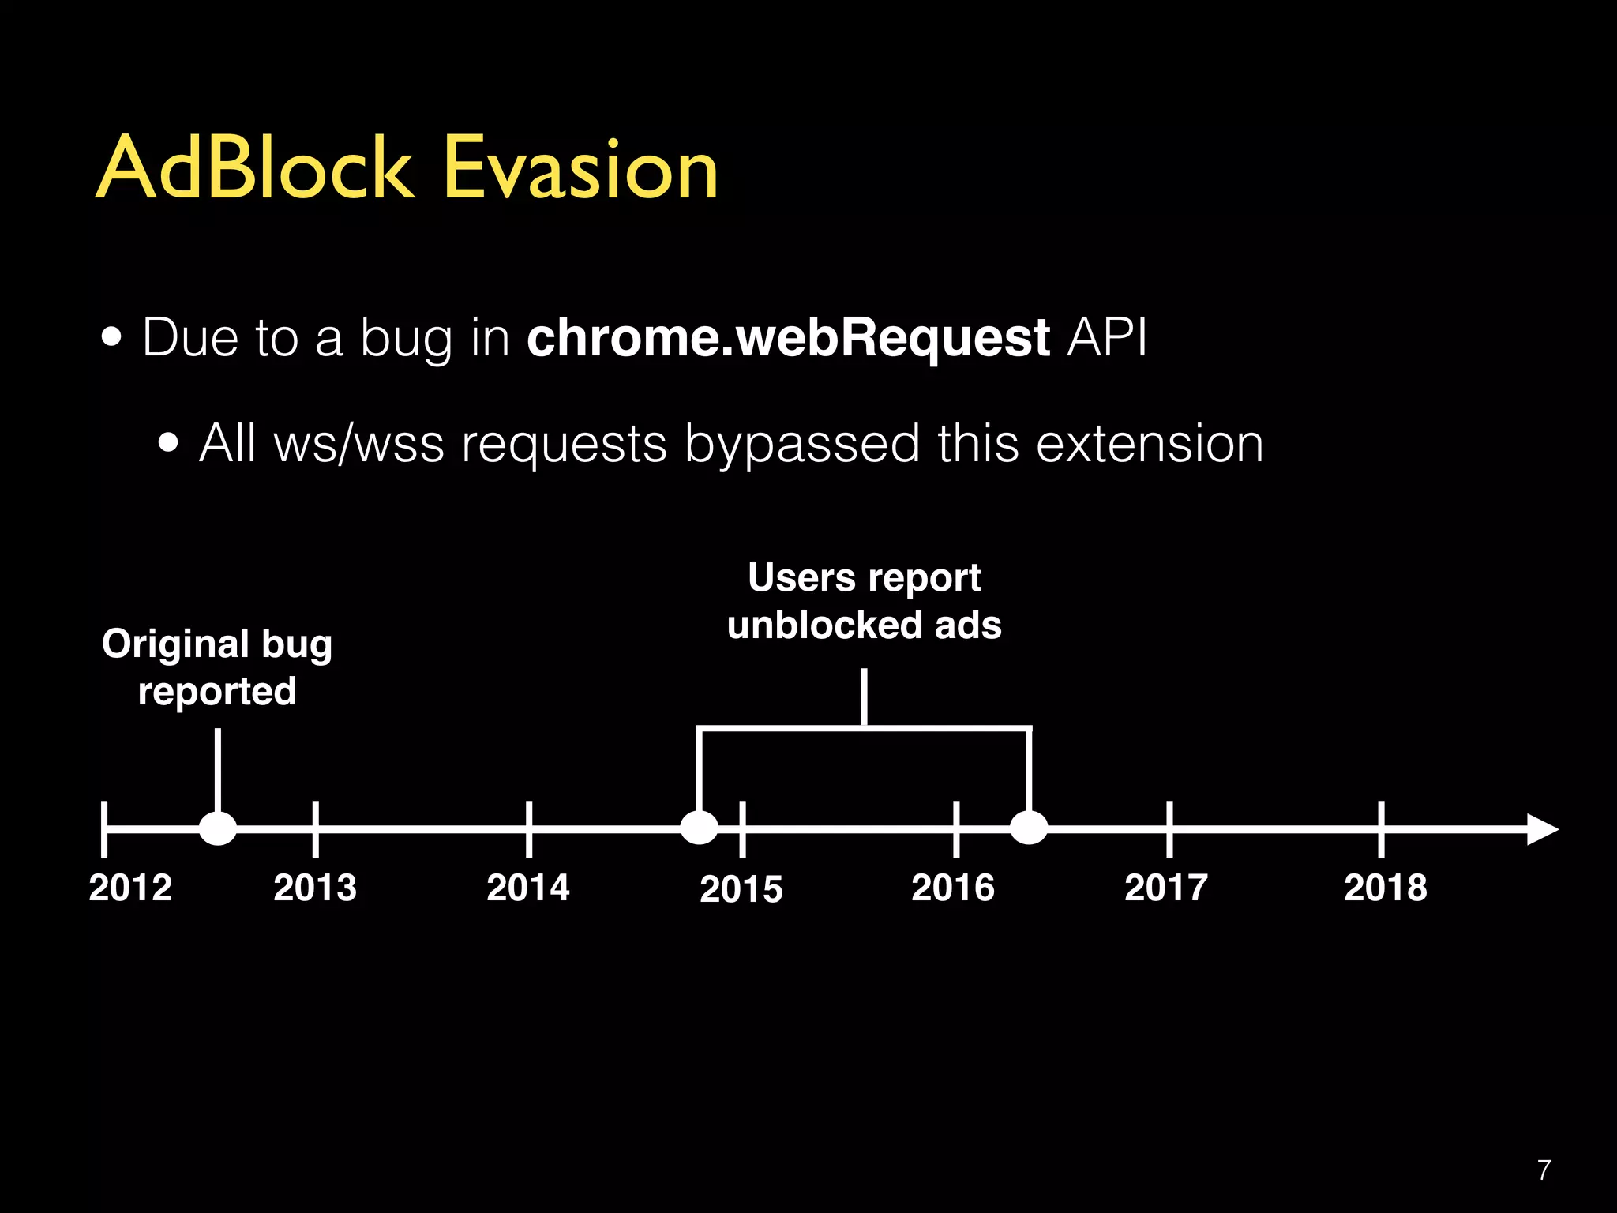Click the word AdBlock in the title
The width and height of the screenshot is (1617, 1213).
coord(254,168)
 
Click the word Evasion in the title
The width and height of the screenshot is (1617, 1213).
coord(580,168)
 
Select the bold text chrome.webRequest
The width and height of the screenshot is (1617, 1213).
coord(787,338)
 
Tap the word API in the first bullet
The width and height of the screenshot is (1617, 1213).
coord(1106,338)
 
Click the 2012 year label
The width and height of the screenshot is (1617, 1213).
coord(130,888)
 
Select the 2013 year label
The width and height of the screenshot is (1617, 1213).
coord(315,888)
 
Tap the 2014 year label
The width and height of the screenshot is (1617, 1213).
coord(528,888)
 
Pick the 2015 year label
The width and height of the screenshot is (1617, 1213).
coord(741,889)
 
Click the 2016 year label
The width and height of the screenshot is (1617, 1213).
coord(953,888)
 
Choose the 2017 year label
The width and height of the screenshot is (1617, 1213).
coord(1166,888)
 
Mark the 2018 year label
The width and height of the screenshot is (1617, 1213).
coord(1386,888)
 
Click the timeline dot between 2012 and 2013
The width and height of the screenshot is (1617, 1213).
coord(218,828)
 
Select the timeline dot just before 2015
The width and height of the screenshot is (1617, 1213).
coord(699,828)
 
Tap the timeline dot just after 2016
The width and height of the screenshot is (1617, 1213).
coord(1029,828)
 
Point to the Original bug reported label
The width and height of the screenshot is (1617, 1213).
coord(217,667)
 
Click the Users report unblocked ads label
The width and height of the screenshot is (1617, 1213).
coord(865,601)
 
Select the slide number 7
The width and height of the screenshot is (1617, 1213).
coord(1544,1170)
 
